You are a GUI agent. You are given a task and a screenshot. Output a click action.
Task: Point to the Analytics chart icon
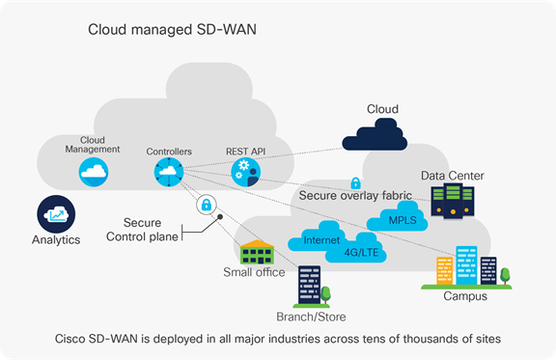[54, 213]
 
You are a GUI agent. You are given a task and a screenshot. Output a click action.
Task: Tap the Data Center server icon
[452, 201]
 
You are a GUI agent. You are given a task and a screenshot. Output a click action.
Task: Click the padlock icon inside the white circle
[205, 205]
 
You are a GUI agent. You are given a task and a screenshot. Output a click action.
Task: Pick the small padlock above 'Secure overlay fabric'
[355, 182]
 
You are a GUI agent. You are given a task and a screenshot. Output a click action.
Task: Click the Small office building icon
[258, 252]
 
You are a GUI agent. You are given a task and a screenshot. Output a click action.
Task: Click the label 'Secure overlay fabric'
[353, 196]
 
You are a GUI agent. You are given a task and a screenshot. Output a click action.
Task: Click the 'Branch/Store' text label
[312, 316]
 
